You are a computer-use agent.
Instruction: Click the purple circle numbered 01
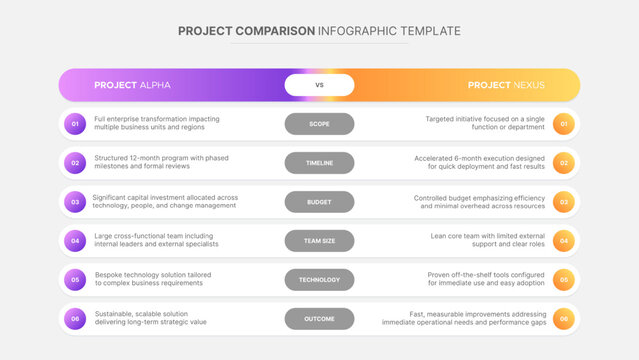pyautogui.click(x=74, y=124)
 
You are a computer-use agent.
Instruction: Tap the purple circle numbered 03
pyautogui.click(x=74, y=202)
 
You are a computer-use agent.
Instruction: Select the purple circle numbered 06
pyautogui.click(x=74, y=319)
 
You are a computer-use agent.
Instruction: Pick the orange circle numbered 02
pyautogui.click(x=564, y=163)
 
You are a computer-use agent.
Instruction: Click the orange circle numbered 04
pyautogui.click(x=564, y=241)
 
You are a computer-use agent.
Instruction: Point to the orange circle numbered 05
pyautogui.click(x=564, y=280)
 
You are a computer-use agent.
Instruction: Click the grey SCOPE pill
pyautogui.click(x=319, y=124)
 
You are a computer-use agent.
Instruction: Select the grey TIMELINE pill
pyautogui.click(x=319, y=163)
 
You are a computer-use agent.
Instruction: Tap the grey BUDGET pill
pyautogui.click(x=319, y=202)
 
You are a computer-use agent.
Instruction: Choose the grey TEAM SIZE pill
pyautogui.click(x=319, y=241)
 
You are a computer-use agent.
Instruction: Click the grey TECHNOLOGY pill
pyautogui.click(x=319, y=280)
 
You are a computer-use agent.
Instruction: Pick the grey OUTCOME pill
pyautogui.click(x=319, y=319)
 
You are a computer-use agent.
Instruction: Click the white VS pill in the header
pyautogui.click(x=319, y=85)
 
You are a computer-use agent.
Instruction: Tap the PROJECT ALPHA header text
pyautogui.click(x=132, y=85)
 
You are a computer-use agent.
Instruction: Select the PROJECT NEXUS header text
pyautogui.click(x=506, y=85)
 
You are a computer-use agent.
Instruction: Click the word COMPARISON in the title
pyautogui.click(x=274, y=31)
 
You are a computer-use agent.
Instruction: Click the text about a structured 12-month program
pyautogui.click(x=161, y=163)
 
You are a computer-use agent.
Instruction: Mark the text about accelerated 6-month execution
pyautogui.click(x=480, y=163)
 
